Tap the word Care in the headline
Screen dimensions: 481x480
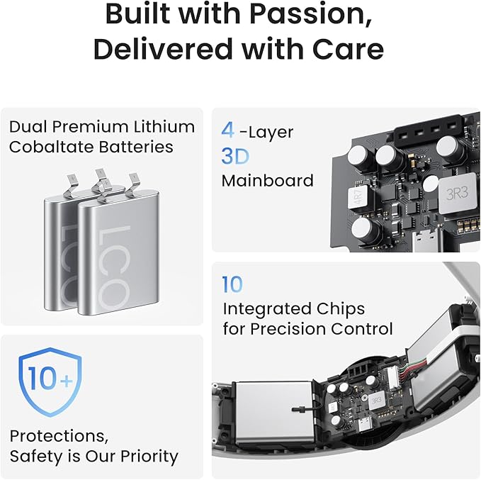click(348, 49)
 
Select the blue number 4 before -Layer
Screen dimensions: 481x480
click(227, 130)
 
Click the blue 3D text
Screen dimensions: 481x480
click(235, 156)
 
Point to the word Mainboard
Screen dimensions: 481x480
click(268, 181)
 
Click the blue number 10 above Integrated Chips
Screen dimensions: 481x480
click(232, 284)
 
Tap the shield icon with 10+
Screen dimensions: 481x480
click(50, 381)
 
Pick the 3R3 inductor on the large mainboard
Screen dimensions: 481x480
click(457, 193)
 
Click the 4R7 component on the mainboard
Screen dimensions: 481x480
click(360, 196)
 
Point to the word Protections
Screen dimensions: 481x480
click(59, 436)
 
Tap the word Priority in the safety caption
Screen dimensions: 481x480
click(149, 457)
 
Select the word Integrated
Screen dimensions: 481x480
click(264, 309)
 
